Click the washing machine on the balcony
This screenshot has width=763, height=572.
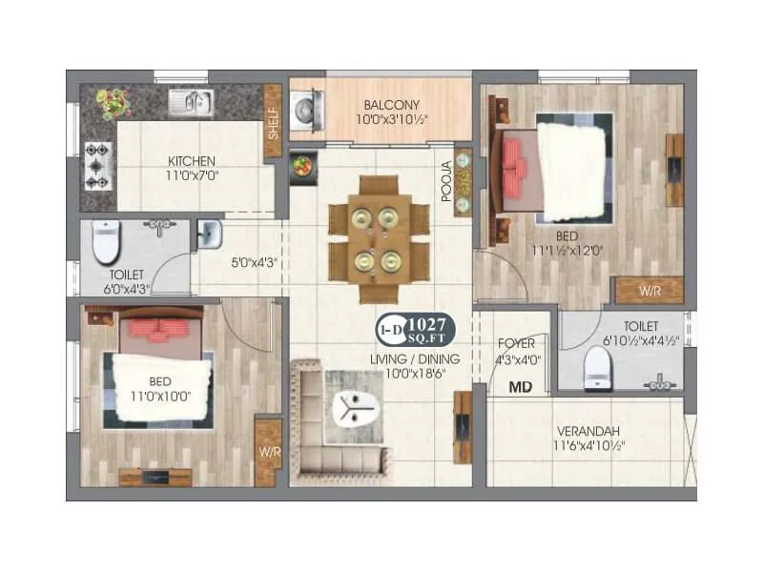pos(306,108)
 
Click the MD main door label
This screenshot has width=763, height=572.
pos(520,388)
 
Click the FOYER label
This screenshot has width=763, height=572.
pos(517,342)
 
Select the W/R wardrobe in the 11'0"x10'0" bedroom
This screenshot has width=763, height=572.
pos(267,451)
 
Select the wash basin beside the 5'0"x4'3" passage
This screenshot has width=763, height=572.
pos(208,232)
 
